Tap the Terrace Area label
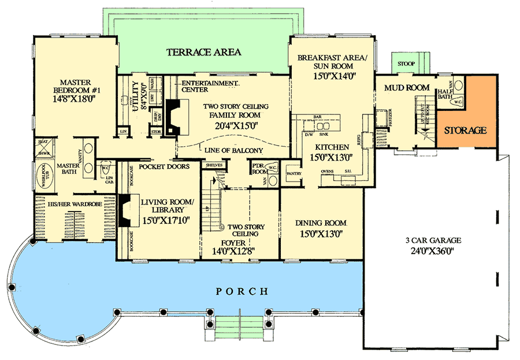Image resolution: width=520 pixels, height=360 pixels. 203,53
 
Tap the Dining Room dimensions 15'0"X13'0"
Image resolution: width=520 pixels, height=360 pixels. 321,234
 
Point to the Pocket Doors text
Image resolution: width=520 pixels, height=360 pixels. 164,166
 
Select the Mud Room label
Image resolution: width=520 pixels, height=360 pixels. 407,88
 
